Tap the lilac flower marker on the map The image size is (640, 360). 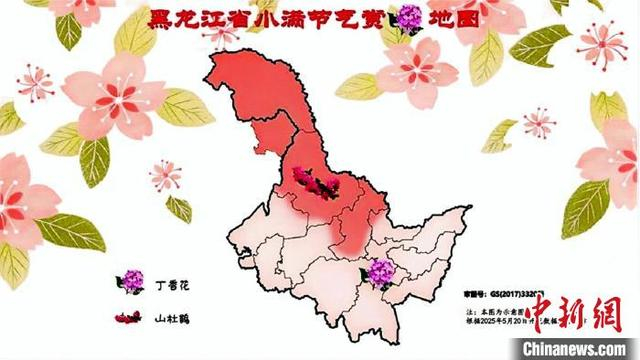coord(380,271)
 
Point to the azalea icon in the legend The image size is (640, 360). coord(128,319)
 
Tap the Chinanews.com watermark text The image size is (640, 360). coord(577,347)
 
